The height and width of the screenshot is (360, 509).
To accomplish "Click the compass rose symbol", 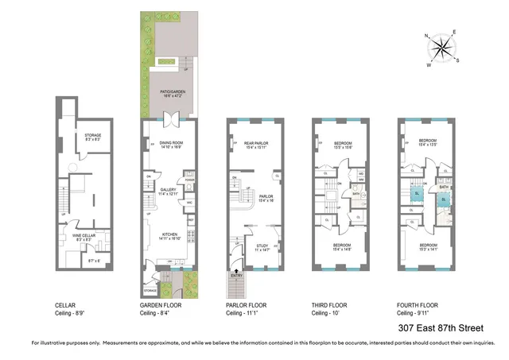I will pos(440,49).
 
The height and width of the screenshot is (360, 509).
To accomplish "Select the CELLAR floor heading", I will pos(66,305).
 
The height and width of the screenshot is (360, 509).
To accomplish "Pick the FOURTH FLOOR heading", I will pos(418,305).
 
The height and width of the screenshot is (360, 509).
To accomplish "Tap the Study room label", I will pos(258,246).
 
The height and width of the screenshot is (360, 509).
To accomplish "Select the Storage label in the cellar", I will pos(93,136).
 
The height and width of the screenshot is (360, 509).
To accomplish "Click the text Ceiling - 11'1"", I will pos(245,314).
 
